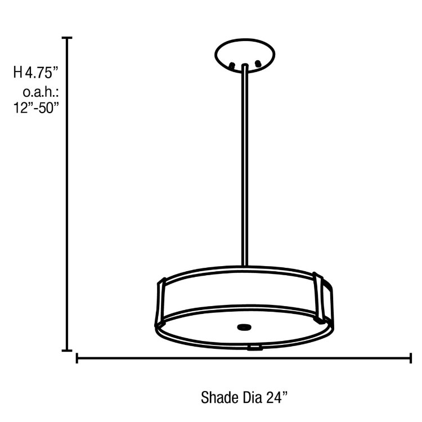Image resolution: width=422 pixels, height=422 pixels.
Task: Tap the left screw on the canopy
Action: (x=231, y=66)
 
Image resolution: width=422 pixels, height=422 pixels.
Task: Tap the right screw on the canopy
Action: (x=258, y=65)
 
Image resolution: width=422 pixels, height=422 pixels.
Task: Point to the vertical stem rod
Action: (x=245, y=169)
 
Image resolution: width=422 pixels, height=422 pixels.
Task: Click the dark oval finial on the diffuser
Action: (x=244, y=326)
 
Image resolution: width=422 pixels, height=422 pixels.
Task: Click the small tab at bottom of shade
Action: (x=255, y=347)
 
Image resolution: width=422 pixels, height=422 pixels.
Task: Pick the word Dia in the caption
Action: (x=252, y=398)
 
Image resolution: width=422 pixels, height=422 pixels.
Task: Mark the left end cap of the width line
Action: (x=77, y=358)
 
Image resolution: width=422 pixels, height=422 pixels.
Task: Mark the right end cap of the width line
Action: (x=410, y=358)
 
